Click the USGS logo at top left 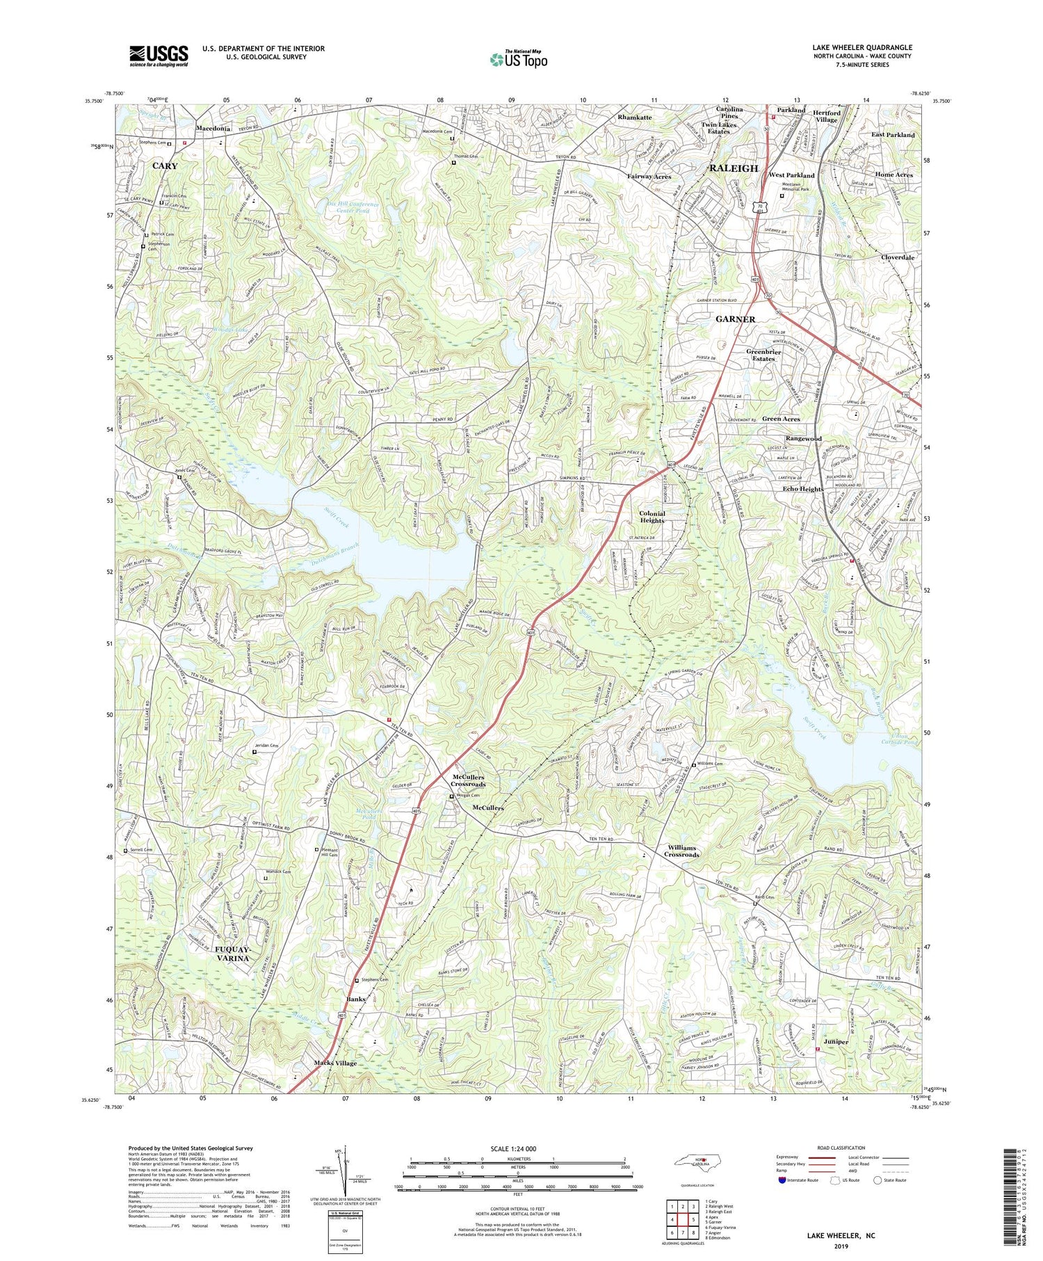158,56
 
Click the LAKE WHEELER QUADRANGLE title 862,47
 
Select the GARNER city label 735,319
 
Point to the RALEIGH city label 733,169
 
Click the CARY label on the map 165,166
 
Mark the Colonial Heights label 652,517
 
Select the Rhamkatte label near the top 634,118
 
